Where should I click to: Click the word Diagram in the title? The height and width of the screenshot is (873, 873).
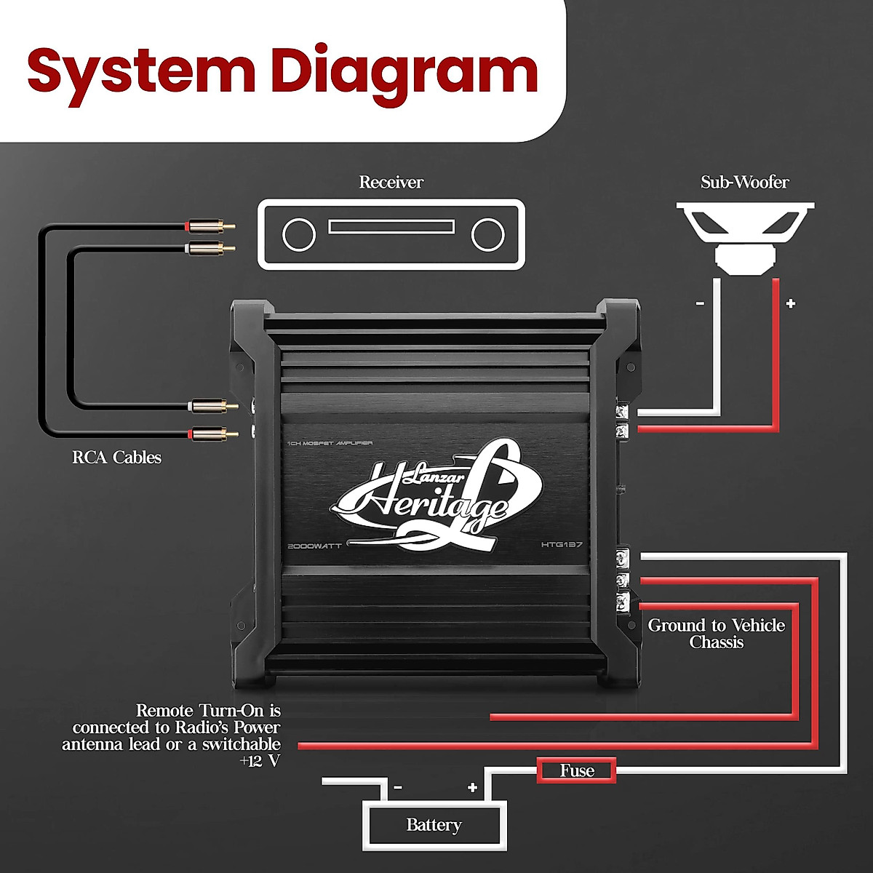click(404, 71)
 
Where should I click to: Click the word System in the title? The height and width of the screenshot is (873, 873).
click(141, 71)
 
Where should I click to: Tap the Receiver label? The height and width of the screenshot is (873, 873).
click(391, 182)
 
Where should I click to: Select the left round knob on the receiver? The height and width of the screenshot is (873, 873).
click(299, 235)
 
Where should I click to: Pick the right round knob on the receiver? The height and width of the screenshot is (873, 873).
click(487, 235)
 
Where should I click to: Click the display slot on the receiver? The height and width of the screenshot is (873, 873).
click(391, 227)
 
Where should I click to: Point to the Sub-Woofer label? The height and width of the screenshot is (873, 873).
click(744, 182)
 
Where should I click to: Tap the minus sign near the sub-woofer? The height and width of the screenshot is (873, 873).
click(700, 303)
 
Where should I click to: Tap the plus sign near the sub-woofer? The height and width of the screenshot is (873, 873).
click(791, 303)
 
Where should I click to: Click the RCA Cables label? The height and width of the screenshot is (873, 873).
click(116, 457)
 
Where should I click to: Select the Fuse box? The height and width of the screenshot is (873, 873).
click(577, 770)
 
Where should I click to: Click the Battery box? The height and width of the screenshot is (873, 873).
click(434, 825)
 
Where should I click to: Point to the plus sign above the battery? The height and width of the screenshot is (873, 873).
click(472, 787)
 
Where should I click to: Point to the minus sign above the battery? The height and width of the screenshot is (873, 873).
click(397, 787)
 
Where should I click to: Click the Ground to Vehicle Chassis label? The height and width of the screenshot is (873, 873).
click(717, 634)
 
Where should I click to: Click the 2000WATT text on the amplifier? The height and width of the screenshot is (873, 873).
click(315, 545)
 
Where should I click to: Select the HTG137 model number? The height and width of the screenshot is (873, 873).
click(562, 545)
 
